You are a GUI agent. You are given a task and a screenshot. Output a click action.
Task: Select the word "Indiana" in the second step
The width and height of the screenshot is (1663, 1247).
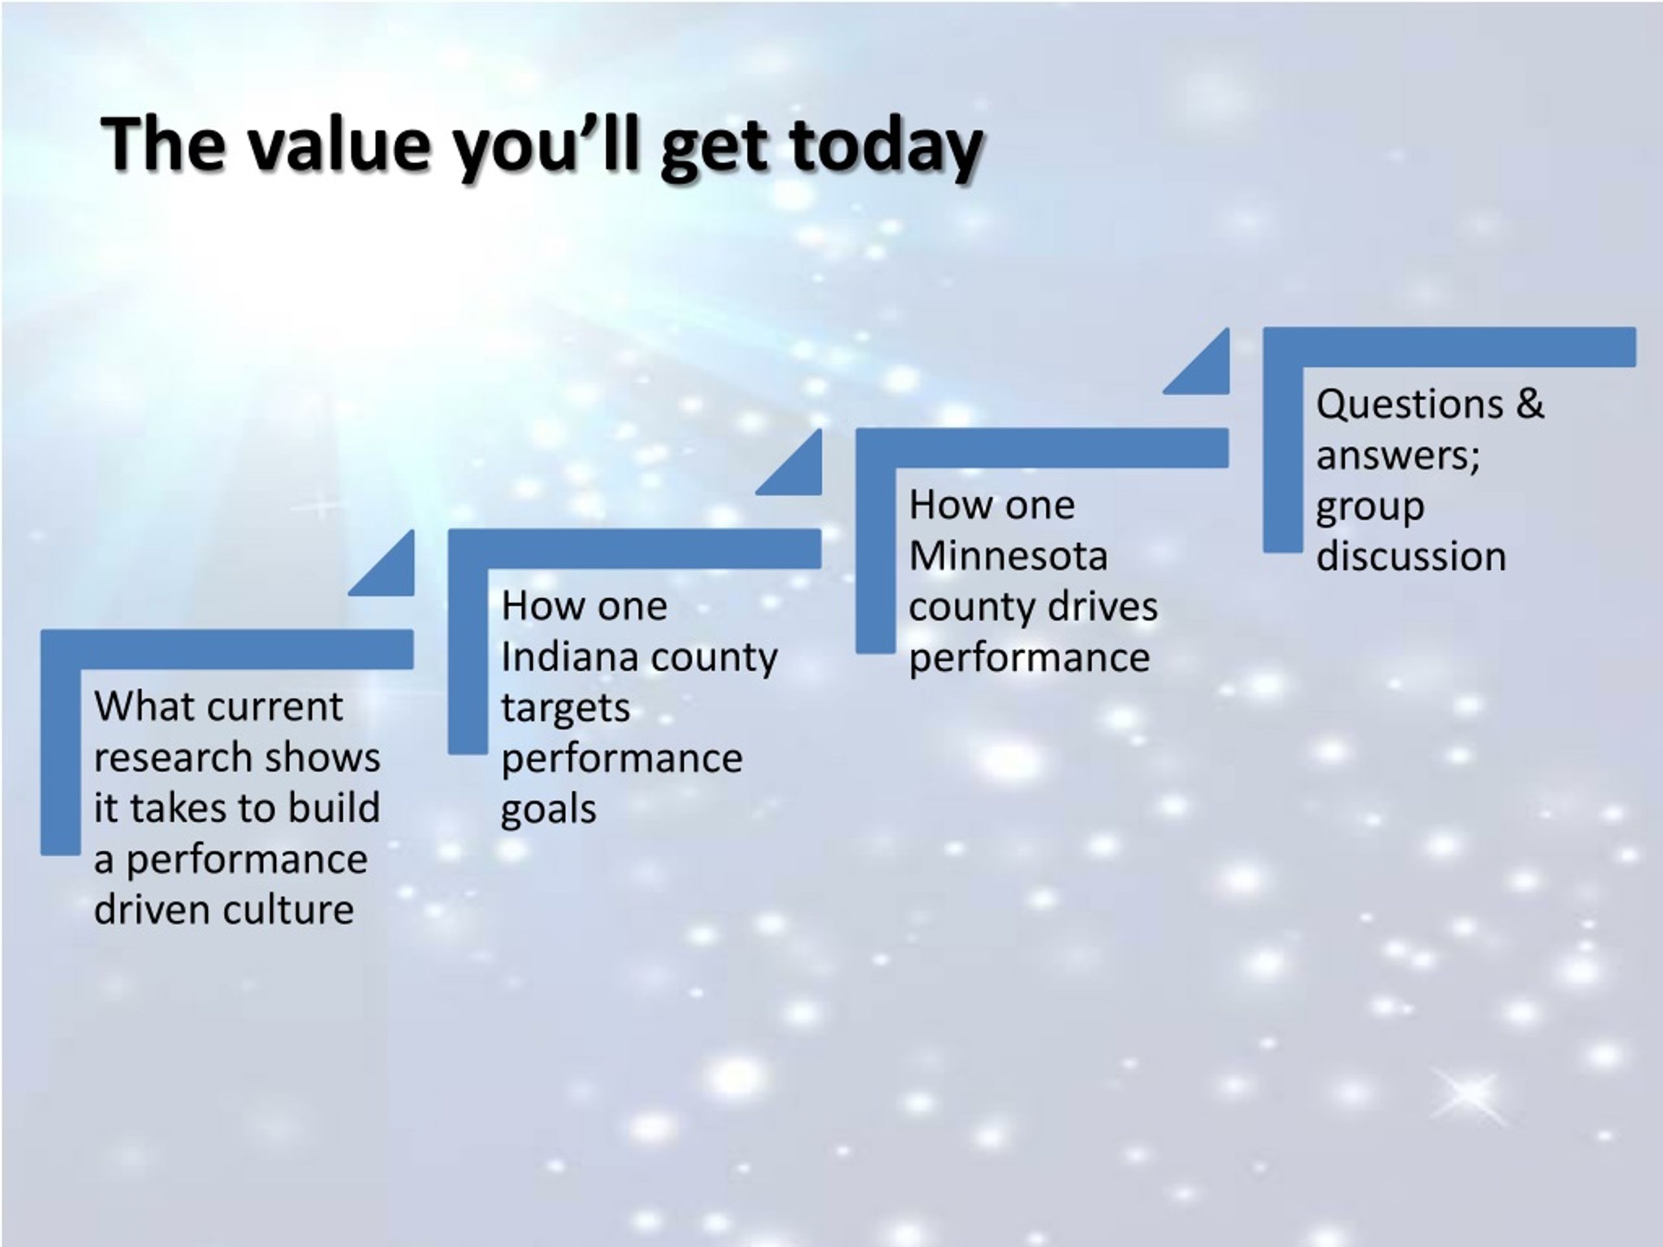(x=569, y=657)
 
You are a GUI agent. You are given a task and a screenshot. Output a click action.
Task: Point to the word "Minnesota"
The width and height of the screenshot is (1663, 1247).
(x=1008, y=556)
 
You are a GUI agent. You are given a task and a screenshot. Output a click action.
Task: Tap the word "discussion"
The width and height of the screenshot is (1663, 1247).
(x=1411, y=557)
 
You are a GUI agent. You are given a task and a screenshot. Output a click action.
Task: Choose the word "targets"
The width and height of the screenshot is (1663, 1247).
(x=565, y=708)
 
